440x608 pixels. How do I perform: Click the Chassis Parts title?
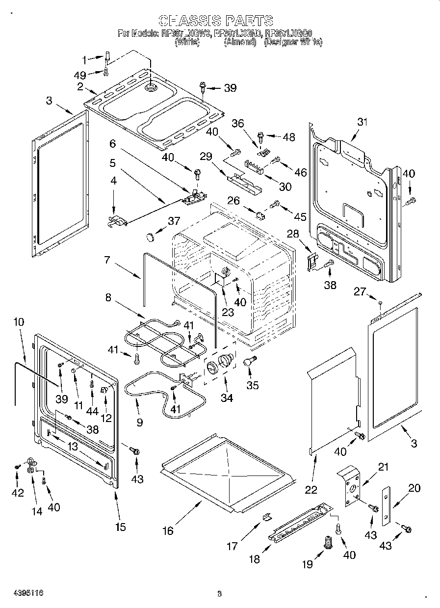pos(216,20)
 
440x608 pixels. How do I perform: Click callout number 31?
pos(362,122)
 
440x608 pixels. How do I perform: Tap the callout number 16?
pos(168,530)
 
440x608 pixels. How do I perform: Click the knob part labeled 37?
pos(150,238)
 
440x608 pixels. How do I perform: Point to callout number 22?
pos(311,489)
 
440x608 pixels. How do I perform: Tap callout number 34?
pos(226,398)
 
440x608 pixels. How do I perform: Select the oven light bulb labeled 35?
pos(249,362)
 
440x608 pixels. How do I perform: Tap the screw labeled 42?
pos(17,466)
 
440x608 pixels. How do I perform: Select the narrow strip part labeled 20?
pos(387,505)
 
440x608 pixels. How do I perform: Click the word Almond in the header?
pos(240,42)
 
